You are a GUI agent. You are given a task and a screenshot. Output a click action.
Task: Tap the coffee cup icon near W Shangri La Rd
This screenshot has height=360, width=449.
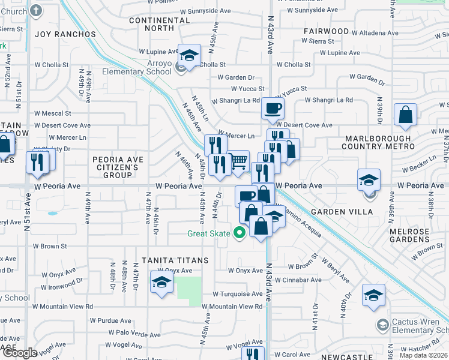[273, 109]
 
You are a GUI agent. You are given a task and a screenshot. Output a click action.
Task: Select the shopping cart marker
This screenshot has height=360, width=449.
[239, 161]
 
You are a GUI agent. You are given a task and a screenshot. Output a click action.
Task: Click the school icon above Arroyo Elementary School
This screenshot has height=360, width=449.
[190, 57]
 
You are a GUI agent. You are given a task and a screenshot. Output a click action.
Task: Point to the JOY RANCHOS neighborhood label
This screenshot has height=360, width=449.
[65, 34]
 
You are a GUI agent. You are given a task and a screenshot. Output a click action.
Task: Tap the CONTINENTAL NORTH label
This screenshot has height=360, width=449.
[160, 24]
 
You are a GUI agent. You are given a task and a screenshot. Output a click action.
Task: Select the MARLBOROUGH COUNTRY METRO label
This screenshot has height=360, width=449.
[377, 142]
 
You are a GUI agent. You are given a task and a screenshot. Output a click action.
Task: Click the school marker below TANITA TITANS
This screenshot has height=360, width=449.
[161, 284]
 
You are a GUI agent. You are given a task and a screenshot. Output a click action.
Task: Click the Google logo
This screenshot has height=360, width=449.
[19, 353]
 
